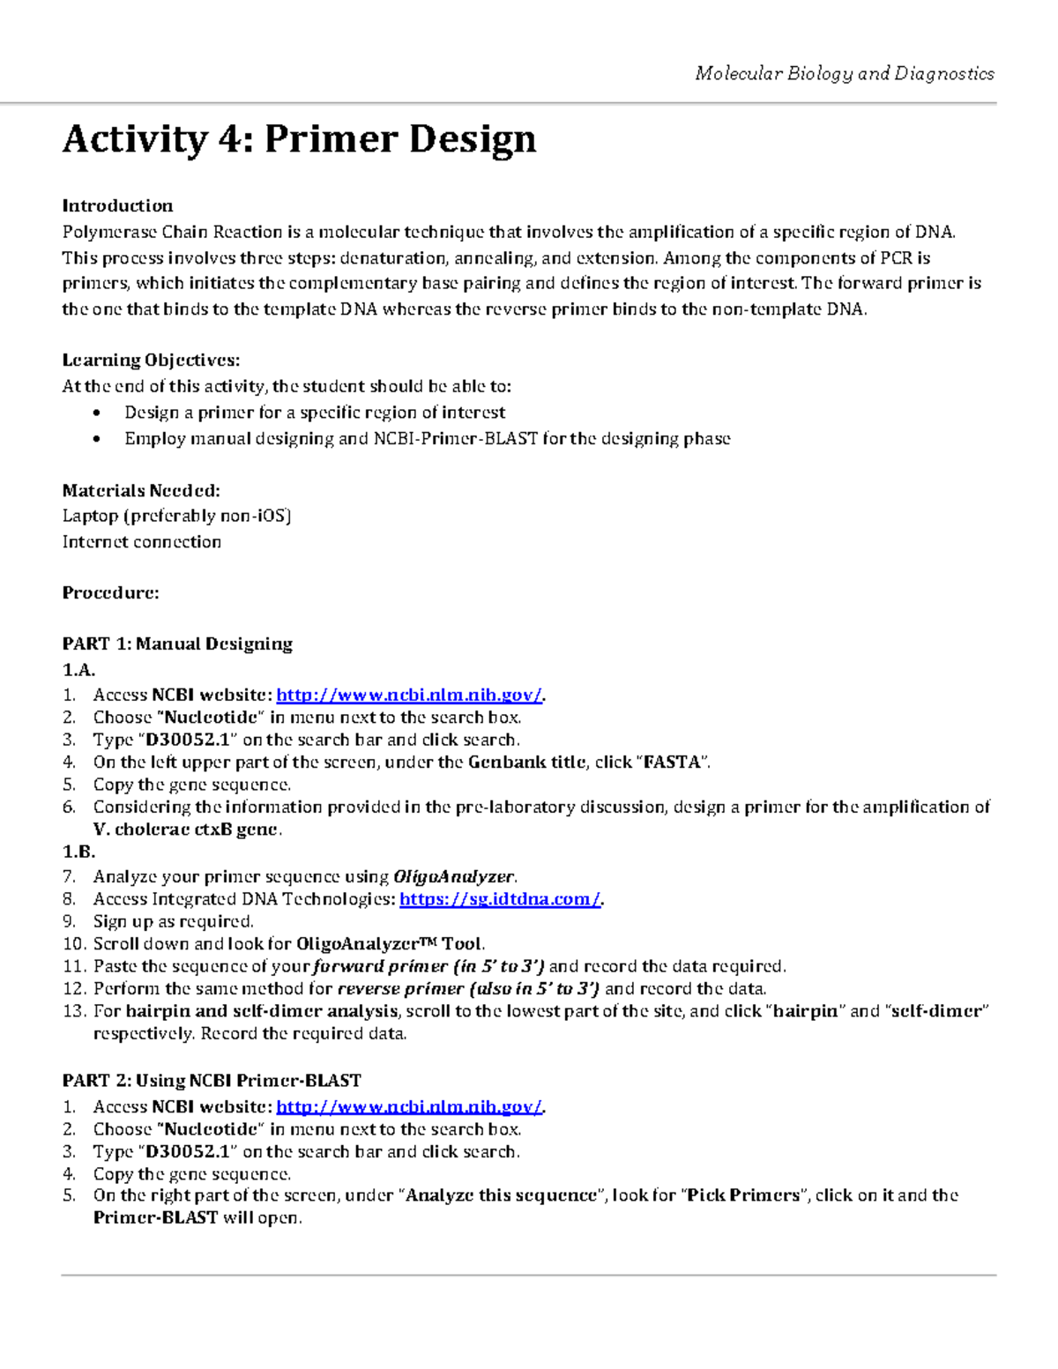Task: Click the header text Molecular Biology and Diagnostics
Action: tap(844, 73)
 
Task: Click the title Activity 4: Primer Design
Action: tap(299, 139)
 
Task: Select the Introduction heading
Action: tap(117, 205)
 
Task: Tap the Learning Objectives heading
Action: tap(151, 360)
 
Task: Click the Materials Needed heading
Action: tap(141, 490)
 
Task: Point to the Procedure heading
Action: tap(110, 592)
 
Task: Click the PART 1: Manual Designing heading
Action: tap(177, 644)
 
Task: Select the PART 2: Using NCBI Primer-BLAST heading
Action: tap(212, 1080)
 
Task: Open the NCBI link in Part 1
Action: tap(409, 695)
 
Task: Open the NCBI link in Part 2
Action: tap(409, 1106)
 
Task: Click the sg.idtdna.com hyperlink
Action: tap(500, 899)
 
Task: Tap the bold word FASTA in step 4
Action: tap(672, 763)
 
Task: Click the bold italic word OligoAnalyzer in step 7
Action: tap(453, 876)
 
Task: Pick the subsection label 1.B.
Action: tap(78, 852)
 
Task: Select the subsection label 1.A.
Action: tap(78, 670)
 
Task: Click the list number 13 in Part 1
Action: tap(73, 1011)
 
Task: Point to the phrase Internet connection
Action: tap(141, 541)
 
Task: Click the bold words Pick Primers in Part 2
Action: tap(743, 1195)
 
